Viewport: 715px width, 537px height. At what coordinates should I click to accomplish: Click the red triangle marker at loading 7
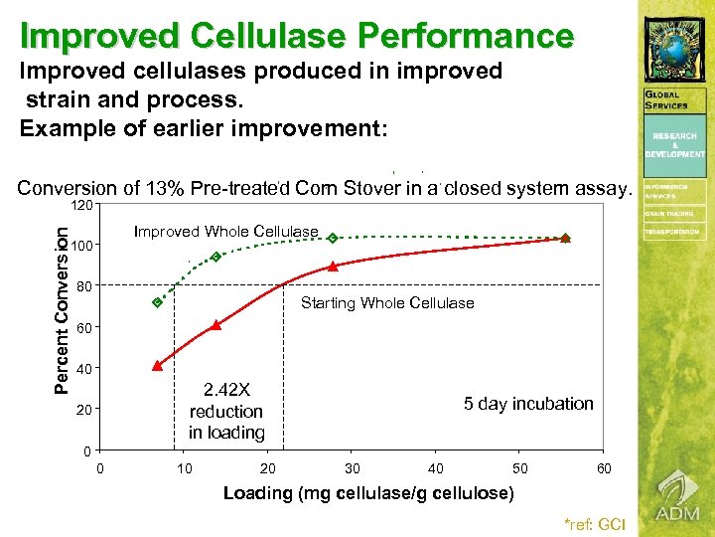[157, 366]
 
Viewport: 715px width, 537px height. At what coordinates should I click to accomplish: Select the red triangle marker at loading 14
[215, 325]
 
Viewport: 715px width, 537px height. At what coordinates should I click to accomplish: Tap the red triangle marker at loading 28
[333, 266]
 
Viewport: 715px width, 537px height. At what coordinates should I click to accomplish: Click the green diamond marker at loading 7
[157, 302]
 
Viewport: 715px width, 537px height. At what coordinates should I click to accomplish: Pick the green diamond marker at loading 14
[215, 257]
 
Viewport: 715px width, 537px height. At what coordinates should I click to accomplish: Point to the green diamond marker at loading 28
[333, 238]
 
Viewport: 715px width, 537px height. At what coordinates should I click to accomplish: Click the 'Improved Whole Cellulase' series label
[225, 232]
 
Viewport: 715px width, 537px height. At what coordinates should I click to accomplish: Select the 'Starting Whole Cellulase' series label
[387, 303]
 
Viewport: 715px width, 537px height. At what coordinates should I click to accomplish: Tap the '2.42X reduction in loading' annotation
[225, 411]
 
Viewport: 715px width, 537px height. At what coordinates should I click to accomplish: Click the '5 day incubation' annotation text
[527, 404]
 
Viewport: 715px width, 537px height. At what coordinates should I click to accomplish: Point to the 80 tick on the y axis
[84, 287]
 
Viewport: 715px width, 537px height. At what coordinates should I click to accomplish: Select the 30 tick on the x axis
[352, 468]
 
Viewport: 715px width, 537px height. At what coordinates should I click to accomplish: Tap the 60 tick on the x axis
[603, 468]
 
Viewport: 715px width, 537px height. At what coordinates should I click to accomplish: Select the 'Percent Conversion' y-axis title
[61, 307]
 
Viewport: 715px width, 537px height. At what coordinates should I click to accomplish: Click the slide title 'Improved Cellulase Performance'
[297, 36]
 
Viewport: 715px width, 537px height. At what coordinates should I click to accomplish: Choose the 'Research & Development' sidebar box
[674, 145]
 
